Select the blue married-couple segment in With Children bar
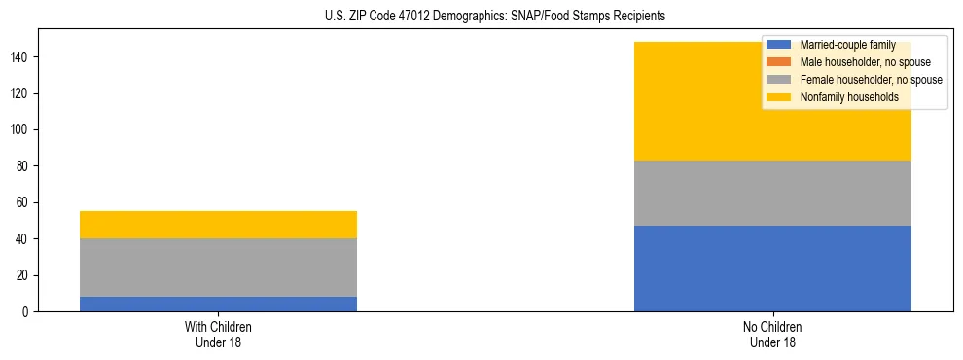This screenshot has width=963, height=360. [218, 304]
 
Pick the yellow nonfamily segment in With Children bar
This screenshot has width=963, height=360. [218, 225]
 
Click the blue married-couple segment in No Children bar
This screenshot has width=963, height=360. [772, 269]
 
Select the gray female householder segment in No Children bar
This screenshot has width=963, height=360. [772, 193]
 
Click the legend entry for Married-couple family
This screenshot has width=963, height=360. [846, 45]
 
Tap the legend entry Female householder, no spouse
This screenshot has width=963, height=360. [870, 80]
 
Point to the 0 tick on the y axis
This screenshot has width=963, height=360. [27, 312]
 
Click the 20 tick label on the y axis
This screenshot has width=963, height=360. [23, 276]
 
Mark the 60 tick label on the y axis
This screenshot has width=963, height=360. [23, 203]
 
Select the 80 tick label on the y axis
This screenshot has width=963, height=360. [23, 167]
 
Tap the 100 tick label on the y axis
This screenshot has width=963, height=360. [20, 130]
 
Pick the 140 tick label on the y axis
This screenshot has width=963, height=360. [20, 58]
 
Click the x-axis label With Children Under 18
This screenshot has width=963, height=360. [218, 335]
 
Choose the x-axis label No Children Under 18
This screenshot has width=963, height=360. [772, 335]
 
